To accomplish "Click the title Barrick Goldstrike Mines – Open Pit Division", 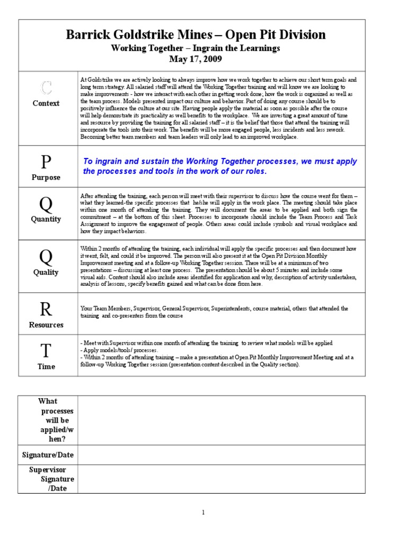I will click(x=196, y=35).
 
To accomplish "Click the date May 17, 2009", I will click(x=196, y=58).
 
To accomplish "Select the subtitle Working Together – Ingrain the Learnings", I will click(x=196, y=48).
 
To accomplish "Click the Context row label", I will click(x=46, y=103).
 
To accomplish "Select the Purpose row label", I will click(x=46, y=178).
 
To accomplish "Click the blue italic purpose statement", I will click(x=220, y=167).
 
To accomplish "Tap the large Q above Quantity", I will click(x=47, y=203).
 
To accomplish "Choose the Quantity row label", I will click(x=46, y=219).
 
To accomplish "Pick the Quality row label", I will click(x=46, y=272).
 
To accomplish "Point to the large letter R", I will click(x=47, y=309).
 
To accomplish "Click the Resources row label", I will click(x=46, y=325).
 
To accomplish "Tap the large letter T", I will click(x=47, y=351).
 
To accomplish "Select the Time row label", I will click(x=46, y=366).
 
